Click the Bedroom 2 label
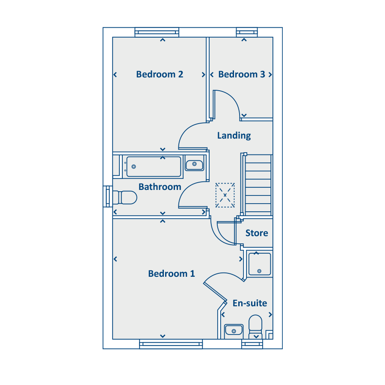160,74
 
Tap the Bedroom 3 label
242,74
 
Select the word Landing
234,136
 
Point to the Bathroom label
160,187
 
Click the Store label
257,233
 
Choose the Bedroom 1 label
172,273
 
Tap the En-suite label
250,303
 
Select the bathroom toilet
125,198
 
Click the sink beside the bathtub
195,165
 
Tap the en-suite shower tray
260,264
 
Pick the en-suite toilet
256,327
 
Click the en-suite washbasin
234,330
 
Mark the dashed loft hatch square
225,195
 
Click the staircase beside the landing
258,185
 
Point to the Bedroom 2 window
157,32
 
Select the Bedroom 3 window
247,32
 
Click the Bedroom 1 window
171,344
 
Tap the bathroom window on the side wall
108,196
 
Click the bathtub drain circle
134,167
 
